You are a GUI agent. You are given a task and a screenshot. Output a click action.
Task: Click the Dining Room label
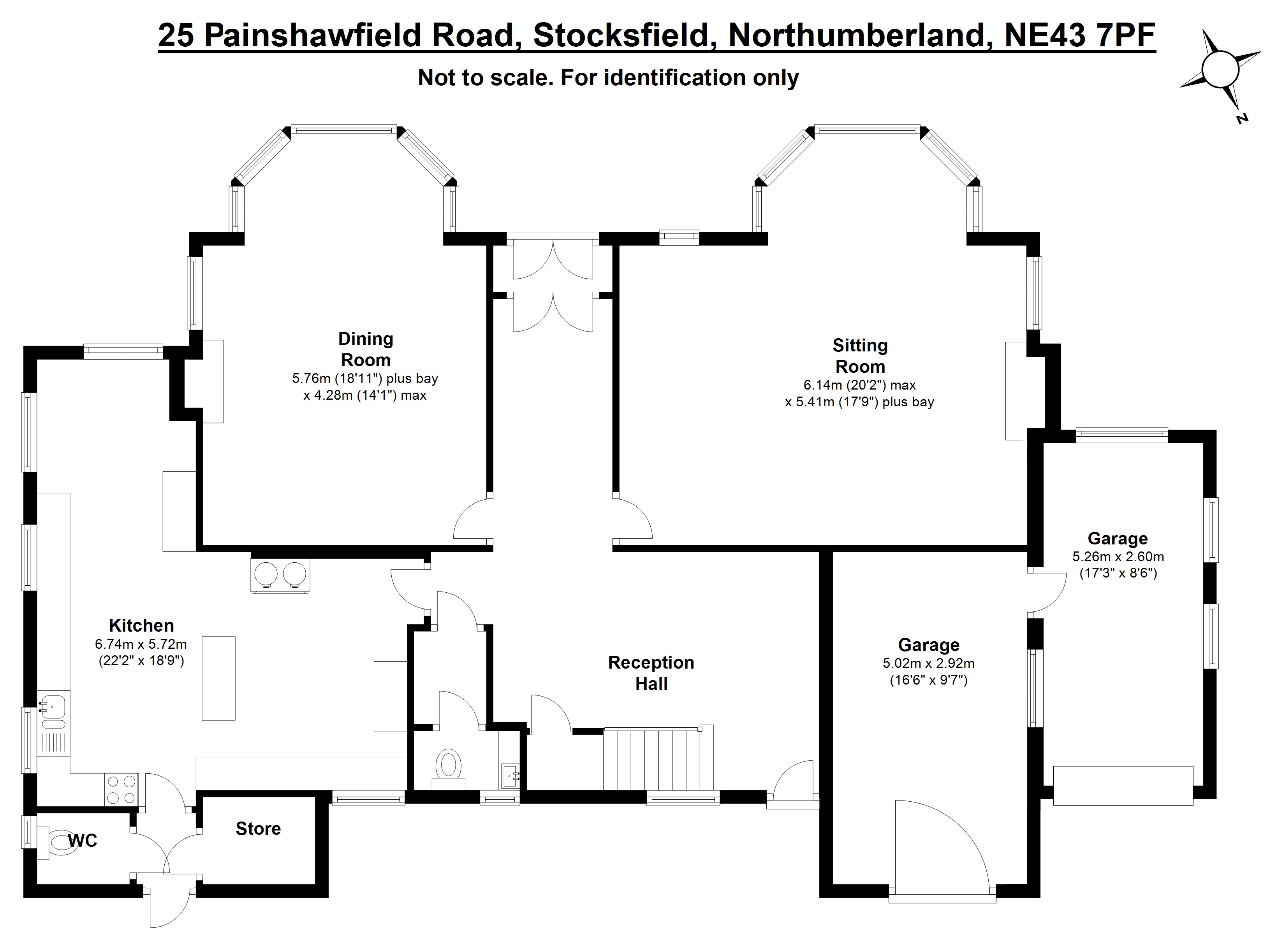point(365,349)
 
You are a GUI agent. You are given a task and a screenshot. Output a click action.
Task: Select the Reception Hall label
point(651,673)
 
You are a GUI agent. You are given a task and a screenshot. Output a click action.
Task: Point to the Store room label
point(258,829)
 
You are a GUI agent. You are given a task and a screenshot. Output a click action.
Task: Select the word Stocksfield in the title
point(621,36)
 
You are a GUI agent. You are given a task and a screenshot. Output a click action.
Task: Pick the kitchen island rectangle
point(219,678)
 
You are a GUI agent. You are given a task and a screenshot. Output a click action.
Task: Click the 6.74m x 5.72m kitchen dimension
point(141,644)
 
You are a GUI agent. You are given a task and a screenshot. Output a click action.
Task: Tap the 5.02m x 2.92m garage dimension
point(929,663)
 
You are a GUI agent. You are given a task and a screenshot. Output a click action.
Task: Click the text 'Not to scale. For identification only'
point(608,77)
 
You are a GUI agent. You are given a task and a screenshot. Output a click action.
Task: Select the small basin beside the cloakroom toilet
point(510,774)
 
